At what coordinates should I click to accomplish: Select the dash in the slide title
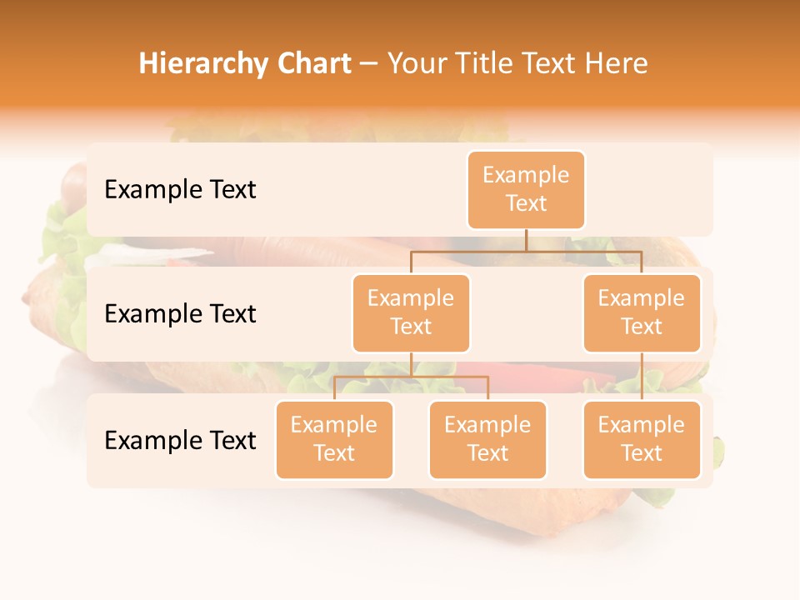coord(369,64)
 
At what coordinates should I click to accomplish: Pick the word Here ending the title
coord(616,63)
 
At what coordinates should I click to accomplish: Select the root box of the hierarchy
coord(526,190)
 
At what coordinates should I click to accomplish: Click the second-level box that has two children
coord(411,313)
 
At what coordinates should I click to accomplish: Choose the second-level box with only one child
coord(642,313)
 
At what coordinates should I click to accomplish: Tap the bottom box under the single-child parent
coord(642,440)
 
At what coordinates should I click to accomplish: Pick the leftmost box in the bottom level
coord(334,440)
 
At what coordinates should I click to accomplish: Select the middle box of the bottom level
coord(487,440)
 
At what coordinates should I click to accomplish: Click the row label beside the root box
coord(180,190)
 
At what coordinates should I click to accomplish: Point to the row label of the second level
coord(180,314)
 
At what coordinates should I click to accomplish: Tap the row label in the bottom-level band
coord(180,441)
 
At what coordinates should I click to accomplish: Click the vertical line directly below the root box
coord(526,240)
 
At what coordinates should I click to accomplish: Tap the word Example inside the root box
coord(526,175)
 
